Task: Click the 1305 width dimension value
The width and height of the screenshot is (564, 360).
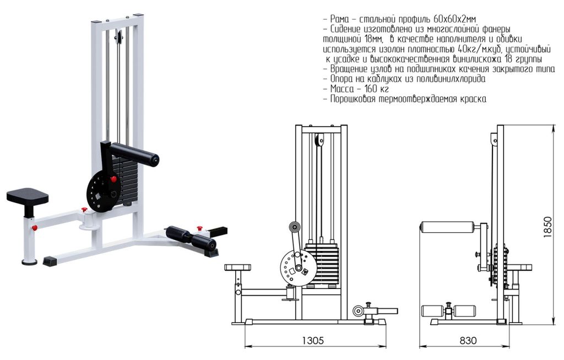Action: tap(313, 340)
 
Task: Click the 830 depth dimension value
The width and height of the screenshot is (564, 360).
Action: tap(468, 340)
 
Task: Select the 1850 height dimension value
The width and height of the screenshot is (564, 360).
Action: tap(548, 227)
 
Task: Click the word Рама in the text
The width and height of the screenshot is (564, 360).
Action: tap(339, 19)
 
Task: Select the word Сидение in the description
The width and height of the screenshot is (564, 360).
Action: tap(346, 29)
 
